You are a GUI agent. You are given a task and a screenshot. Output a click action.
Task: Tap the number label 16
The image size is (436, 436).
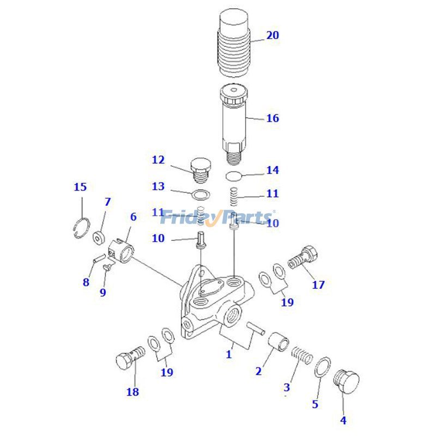[x=272, y=118]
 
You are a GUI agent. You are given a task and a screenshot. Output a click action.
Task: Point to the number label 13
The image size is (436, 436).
[x=158, y=187]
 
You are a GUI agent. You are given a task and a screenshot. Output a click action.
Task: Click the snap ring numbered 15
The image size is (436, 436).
[x=82, y=227]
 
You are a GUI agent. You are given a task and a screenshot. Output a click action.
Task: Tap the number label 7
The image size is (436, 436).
[x=107, y=202]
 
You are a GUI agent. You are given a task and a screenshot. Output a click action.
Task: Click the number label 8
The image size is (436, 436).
[x=86, y=282]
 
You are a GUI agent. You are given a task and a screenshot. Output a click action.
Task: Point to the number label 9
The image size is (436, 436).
[x=103, y=292]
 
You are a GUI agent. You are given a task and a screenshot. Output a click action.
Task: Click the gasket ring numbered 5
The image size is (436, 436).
[x=323, y=367]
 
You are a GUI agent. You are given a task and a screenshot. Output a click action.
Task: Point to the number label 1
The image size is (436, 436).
[x=229, y=354]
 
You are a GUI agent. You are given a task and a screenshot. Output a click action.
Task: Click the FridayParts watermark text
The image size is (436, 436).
[x=218, y=217]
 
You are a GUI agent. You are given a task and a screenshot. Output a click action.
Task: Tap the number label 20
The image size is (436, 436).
[x=272, y=35]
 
